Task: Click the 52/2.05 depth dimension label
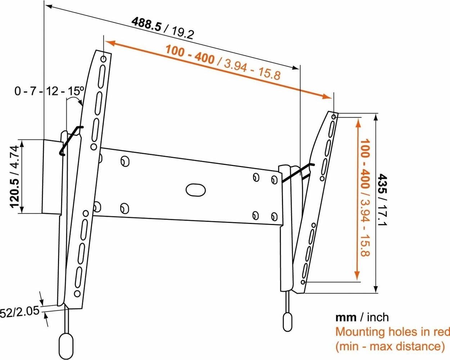point(19,312)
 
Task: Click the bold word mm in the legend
point(346,318)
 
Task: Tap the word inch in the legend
point(378,318)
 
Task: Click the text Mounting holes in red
point(392,332)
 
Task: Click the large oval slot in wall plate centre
point(195,190)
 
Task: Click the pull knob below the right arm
point(287,321)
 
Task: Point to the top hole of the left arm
point(104,59)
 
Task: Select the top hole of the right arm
point(334,117)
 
